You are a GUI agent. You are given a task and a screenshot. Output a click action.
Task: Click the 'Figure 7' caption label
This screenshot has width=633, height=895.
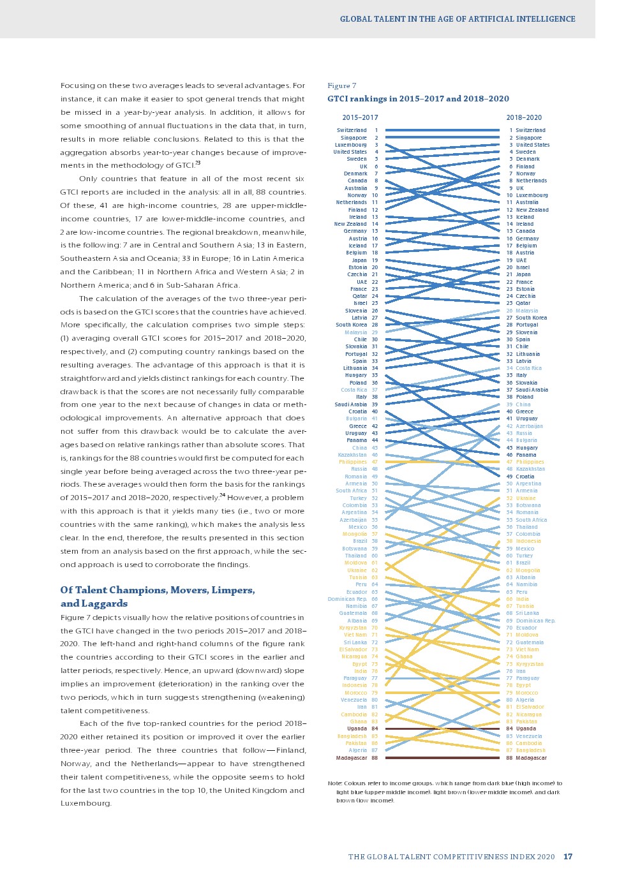tap(341, 85)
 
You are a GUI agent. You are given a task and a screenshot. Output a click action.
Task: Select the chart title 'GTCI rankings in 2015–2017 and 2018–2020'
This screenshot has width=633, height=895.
tap(418, 99)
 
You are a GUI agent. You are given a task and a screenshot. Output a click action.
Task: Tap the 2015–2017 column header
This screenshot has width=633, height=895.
tap(360, 117)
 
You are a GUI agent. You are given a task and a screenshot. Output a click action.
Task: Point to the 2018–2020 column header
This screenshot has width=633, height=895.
tap(524, 117)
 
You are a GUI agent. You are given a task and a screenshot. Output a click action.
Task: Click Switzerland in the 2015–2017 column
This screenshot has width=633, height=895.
tap(352, 130)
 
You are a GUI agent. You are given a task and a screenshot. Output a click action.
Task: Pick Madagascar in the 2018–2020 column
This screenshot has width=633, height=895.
tap(531, 758)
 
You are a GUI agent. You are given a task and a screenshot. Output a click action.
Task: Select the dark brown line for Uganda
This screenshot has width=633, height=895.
tap(442, 729)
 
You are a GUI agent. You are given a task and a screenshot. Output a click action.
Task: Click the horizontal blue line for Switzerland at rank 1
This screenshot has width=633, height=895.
tap(442, 130)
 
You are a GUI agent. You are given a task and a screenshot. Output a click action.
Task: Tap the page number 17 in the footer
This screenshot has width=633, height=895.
tap(568, 857)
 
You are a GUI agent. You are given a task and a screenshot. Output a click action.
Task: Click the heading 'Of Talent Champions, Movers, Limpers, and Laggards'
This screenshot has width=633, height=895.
tap(158, 596)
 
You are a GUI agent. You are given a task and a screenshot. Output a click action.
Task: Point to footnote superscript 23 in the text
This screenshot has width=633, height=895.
tap(198, 163)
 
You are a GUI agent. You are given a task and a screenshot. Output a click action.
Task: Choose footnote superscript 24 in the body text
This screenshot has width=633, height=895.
tap(222, 495)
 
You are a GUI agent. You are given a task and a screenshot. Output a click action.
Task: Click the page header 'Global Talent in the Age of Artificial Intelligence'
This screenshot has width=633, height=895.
tap(458, 19)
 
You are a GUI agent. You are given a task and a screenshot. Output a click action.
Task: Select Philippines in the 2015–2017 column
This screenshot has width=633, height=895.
tap(353, 462)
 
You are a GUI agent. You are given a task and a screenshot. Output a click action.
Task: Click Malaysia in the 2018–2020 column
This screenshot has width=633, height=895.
tap(526, 311)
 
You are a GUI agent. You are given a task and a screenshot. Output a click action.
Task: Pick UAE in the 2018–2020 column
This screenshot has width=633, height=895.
tap(521, 260)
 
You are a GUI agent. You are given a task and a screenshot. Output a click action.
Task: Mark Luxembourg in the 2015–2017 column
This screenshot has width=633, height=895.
tap(350, 145)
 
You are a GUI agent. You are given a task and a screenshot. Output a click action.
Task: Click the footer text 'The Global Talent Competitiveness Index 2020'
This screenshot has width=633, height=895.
tap(451, 857)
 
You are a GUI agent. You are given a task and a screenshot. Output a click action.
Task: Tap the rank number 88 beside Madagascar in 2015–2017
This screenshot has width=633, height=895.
tap(375, 758)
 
